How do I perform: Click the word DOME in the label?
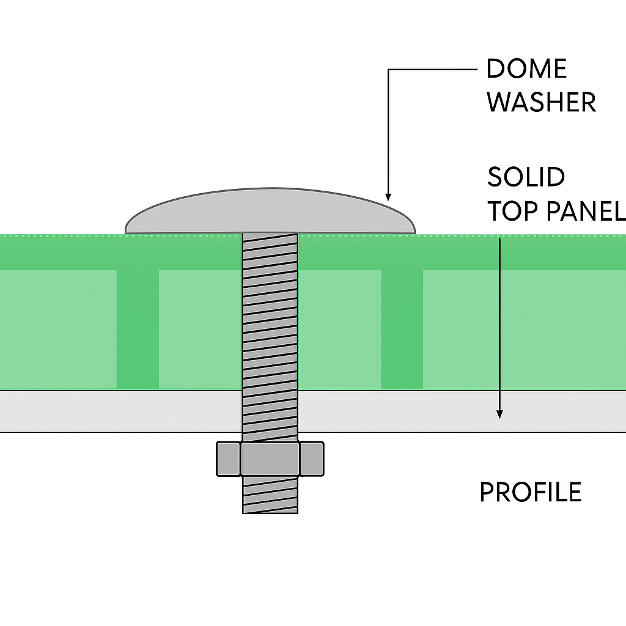(x=526, y=69)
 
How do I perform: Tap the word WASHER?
(x=541, y=102)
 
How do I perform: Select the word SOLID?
(x=526, y=177)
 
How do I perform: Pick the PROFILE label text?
(x=530, y=492)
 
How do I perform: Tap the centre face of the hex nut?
(x=270, y=460)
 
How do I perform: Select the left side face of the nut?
(x=228, y=460)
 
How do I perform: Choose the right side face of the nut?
(x=312, y=460)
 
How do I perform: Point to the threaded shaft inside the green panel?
(x=270, y=312)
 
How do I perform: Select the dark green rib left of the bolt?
(x=138, y=329)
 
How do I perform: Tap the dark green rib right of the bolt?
(x=402, y=329)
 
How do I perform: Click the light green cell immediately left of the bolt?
(x=199, y=329)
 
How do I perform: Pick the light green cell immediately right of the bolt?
(x=340, y=329)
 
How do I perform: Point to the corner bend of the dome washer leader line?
(x=388, y=70)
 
